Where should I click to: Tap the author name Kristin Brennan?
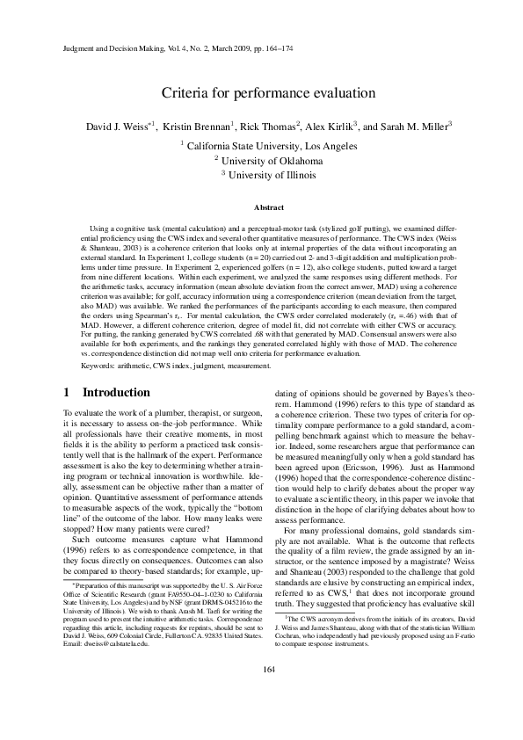pos(198,127)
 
